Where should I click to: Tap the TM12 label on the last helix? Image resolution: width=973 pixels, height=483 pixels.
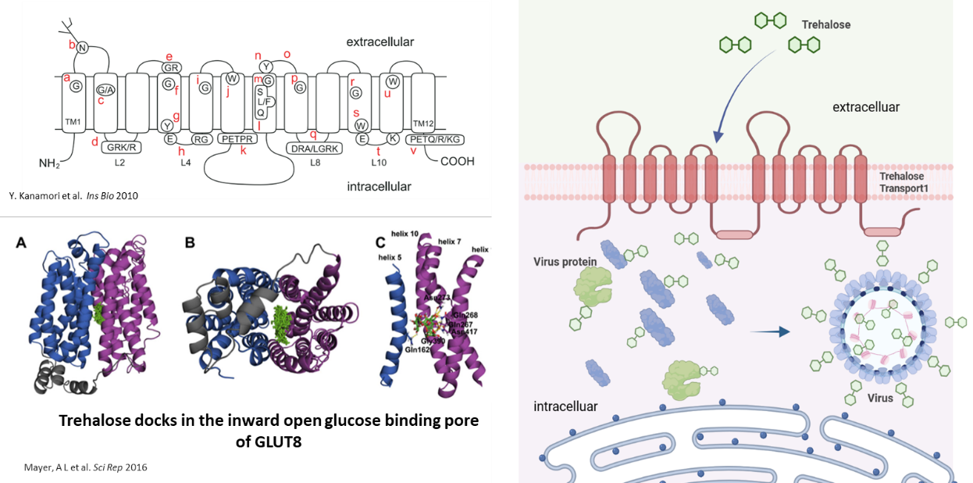pos(422,123)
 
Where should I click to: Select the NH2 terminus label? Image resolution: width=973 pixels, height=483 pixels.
pos(49,164)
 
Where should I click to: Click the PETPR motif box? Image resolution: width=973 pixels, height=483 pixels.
pos(237,139)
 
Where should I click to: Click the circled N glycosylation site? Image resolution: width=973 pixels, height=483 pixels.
pos(83,48)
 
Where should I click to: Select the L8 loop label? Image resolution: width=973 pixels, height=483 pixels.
pos(315,162)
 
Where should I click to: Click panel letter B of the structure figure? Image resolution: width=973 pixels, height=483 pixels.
pos(189,243)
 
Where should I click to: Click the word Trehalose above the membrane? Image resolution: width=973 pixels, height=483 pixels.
pos(825,25)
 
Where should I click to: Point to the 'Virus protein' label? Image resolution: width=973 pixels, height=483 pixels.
pos(565,262)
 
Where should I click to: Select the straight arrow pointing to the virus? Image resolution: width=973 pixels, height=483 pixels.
pos(768,331)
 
